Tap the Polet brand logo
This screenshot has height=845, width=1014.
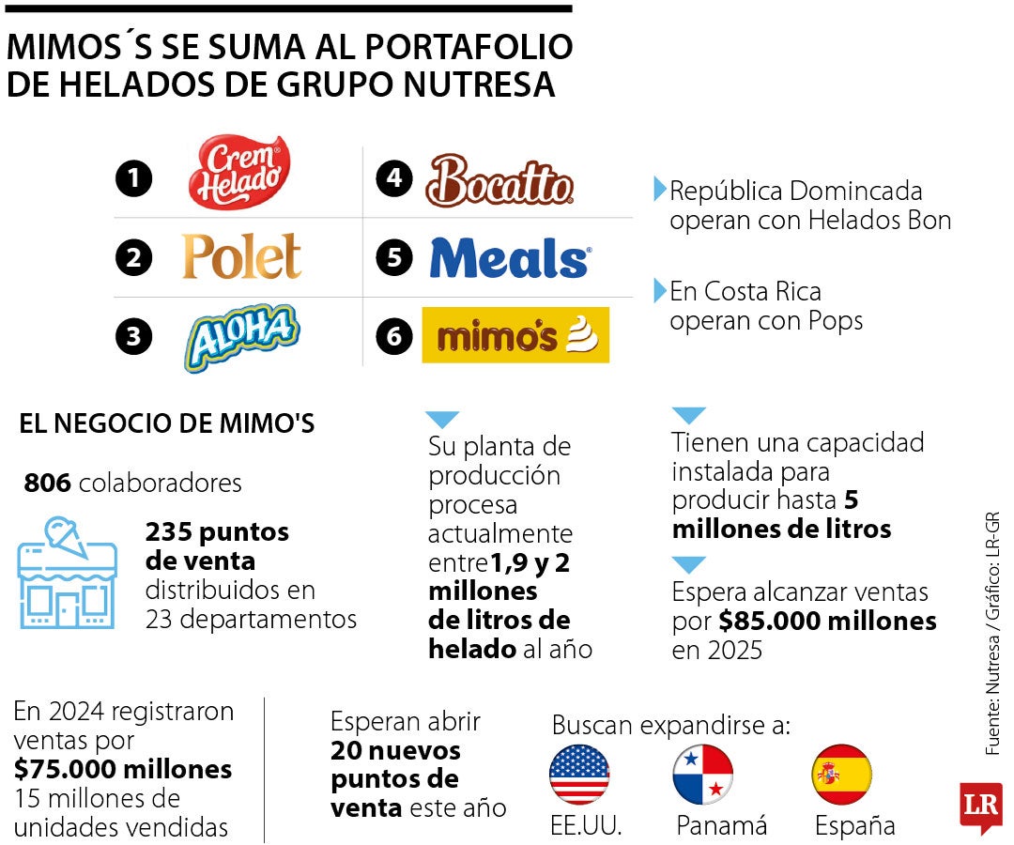241,257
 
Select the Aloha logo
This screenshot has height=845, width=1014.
241,336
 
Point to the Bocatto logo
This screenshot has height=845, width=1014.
499,181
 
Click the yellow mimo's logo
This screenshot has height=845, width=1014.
515,335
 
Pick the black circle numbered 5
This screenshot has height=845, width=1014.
393,258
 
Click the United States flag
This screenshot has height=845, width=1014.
579,775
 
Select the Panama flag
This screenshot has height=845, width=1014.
702,775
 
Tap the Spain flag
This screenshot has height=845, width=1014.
841,775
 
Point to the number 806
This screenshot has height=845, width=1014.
47,484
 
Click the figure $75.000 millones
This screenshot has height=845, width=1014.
123,770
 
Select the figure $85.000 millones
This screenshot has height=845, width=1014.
827,621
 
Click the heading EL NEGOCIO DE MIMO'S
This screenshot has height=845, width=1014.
167,424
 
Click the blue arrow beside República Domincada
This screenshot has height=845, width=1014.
660,190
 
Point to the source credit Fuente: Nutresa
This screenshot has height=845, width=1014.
992,695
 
